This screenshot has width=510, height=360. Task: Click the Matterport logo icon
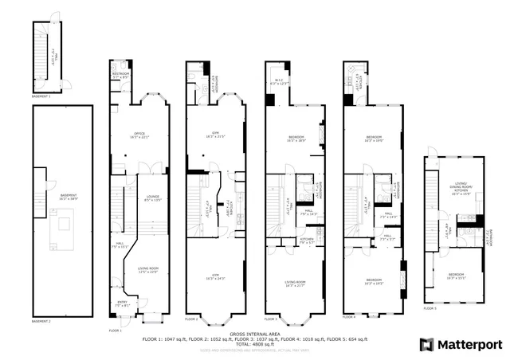coord(427,344)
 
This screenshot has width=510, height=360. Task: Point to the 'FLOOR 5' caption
coord(430,307)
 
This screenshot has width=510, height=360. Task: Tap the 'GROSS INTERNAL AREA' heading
coord(254,335)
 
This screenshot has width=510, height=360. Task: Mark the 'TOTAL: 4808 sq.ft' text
coord(254,344)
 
